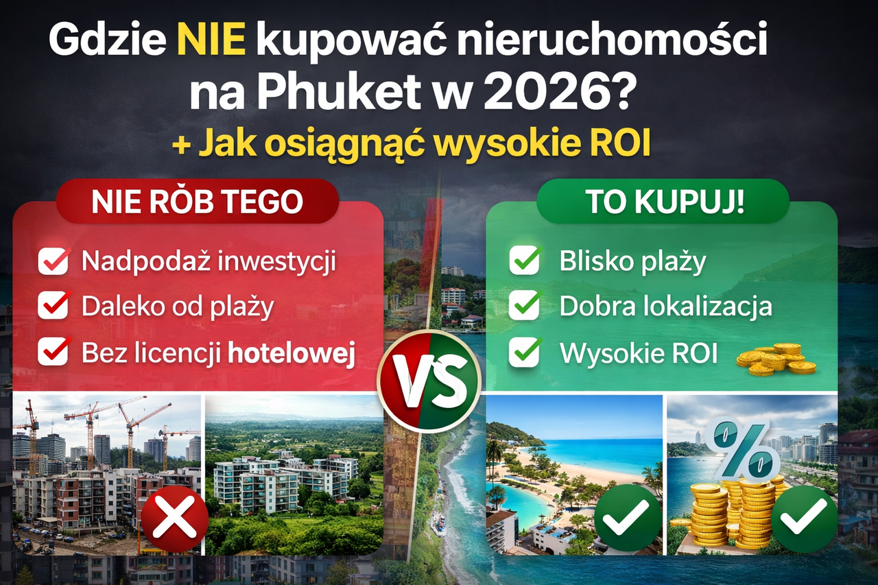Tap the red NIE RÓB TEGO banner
click(197, 202)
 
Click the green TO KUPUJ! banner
click(664, 202)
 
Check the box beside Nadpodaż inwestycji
click(54, 261)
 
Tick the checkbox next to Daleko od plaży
click(54, 307)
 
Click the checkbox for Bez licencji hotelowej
click(54, 352)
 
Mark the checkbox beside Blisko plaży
click(525, 261)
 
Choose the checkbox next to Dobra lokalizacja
click(525, 307)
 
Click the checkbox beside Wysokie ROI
click(525, 353)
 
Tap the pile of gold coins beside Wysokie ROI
click(776, 359)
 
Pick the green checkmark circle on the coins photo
click(804, 518)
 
